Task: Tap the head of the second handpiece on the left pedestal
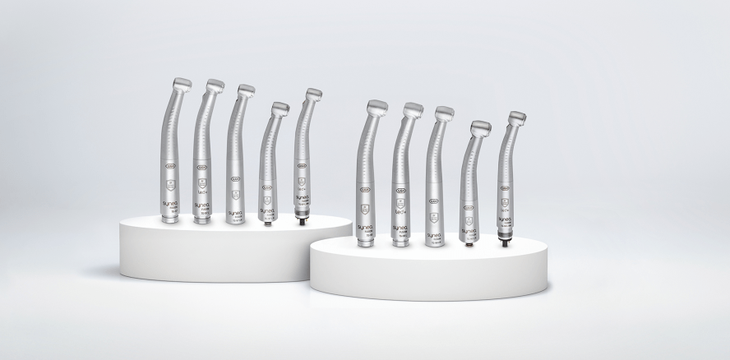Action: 214,86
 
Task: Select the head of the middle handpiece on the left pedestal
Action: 245,90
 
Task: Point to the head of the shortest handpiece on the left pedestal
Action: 279,108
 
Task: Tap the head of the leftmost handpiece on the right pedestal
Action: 377,107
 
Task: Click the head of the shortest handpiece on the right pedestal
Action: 479,128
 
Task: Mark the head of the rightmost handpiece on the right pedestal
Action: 516,118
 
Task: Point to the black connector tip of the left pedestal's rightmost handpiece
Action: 303,219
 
